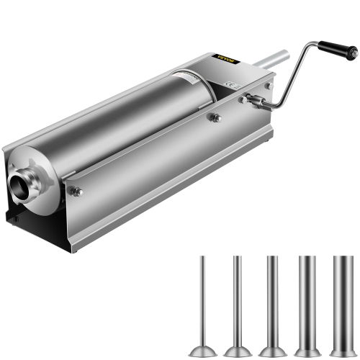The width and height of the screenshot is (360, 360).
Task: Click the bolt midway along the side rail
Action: (x=214, y=117)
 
